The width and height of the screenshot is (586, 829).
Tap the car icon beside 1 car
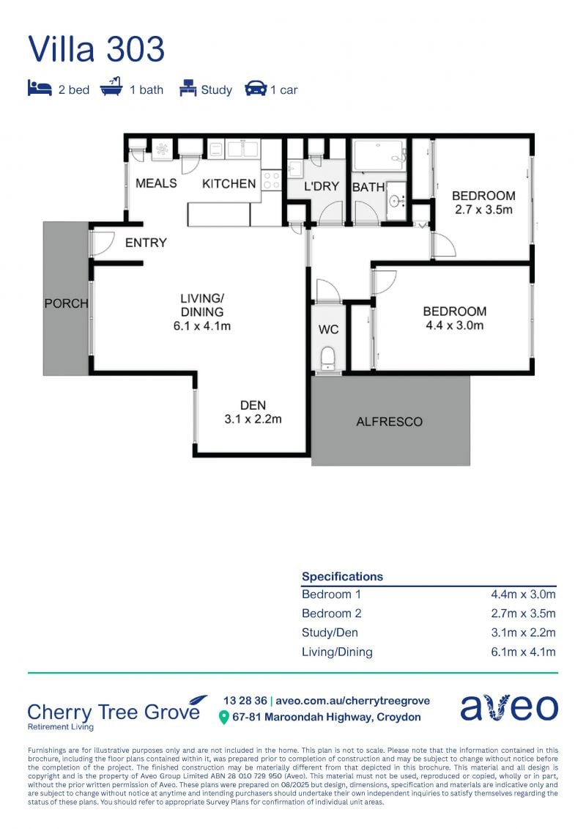256,88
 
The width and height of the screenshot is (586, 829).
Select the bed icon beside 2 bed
40,88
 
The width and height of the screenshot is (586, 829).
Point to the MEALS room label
157,183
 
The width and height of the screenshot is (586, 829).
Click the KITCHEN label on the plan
229,183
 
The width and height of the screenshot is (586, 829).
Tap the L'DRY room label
322,186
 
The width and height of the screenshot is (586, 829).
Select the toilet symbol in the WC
328,358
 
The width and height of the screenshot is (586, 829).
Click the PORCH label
66,303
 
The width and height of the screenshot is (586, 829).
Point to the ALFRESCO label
390,422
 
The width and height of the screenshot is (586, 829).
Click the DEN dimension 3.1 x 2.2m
253,419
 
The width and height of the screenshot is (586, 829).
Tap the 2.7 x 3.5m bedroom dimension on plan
484,210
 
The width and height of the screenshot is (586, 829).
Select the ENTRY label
146,243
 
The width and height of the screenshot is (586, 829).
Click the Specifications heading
342,577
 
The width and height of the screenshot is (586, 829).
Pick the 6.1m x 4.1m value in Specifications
523,652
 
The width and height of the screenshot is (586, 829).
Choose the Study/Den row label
330,633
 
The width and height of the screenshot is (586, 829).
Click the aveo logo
509,707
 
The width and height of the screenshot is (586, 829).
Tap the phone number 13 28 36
245,701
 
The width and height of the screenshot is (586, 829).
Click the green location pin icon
224,718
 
